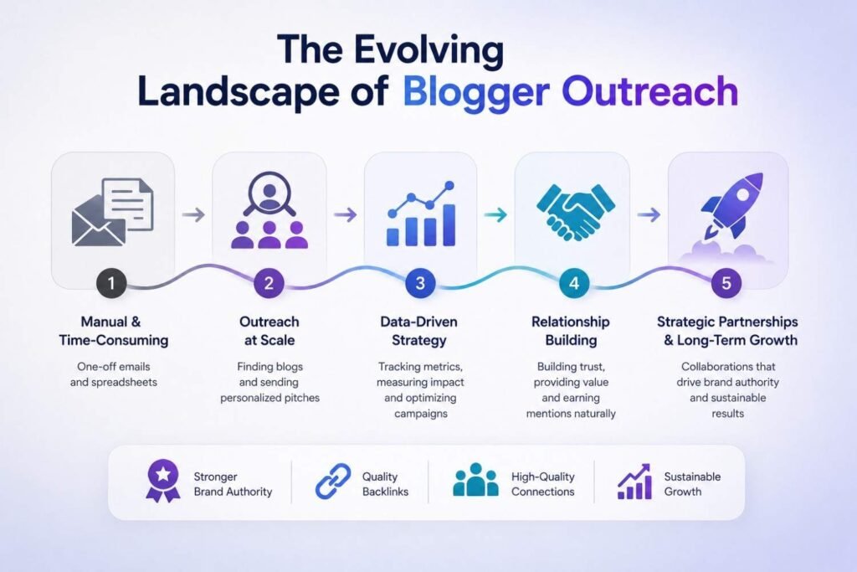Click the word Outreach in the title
[649, 91]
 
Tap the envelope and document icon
[113, 212]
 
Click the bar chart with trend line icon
[421, 214]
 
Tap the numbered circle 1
[111, 283]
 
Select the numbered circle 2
[269, 283]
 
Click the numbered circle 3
[420, 283]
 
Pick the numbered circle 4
[574, 283]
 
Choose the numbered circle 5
[726, 283]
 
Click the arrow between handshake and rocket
[649, 215]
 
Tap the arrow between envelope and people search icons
[193, 215]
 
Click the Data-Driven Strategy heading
[419, 331]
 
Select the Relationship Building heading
[571, 331]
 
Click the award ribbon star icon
[163, 481]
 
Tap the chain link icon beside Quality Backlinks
[333, 482]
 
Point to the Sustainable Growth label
[692, 484]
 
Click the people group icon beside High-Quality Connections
[475, 480]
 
